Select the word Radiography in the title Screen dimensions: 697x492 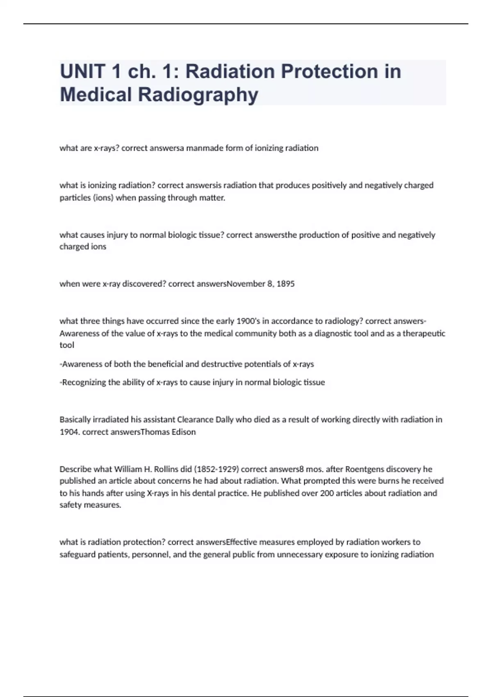click(x=198, y=95)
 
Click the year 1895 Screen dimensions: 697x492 click(x=285, y=284)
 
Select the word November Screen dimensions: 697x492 click(x=246, y=284)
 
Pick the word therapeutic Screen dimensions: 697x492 click(x=424, y=333)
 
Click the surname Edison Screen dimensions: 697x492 click(x=182, y=432)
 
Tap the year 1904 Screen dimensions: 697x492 click(x=69, y=432)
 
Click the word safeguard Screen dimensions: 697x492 click(x=78, y=555)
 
